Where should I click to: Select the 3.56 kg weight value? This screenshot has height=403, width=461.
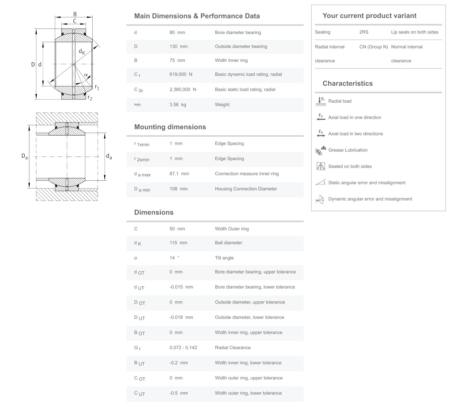[178, 105]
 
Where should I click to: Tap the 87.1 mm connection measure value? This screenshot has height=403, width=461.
[179, 174]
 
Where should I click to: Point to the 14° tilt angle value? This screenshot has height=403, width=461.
[174, 258]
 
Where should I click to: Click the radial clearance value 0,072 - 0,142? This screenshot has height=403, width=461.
[183, 348]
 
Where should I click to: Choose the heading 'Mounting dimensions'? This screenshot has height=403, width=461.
[170, 127]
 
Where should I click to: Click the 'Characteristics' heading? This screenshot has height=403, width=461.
[347, 83]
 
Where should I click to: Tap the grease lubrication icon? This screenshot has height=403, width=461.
[320, 150]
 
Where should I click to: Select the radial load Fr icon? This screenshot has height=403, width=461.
[320, 101]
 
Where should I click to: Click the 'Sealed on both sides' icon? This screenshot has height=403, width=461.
[320, 166]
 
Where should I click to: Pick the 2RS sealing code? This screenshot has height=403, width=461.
[364, 32]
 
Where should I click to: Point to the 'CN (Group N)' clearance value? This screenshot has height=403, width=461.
[373, 47]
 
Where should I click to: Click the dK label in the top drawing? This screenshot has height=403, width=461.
[81, 52]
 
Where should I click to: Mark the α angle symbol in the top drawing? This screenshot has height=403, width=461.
[86, 75]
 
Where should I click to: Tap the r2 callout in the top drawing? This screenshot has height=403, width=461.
[90, 98]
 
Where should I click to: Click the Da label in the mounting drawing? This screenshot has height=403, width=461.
[24, 157]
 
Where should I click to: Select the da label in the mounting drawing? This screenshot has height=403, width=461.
[109, 157]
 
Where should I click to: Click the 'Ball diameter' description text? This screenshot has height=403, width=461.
[228, 243]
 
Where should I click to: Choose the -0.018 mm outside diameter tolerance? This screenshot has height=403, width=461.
[181, 317]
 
